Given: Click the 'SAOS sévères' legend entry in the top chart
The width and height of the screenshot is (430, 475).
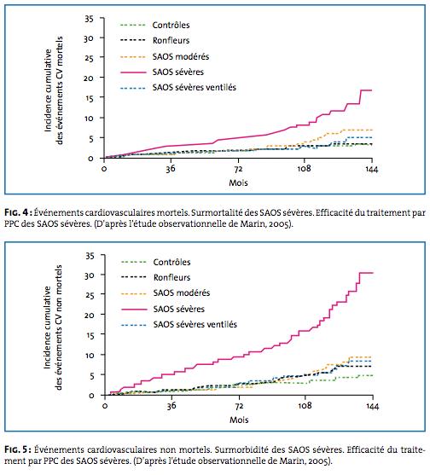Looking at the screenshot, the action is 177,72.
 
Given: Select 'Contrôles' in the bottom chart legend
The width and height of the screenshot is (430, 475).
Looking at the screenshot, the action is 171,262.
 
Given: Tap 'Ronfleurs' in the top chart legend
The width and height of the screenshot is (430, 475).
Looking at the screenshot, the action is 171,41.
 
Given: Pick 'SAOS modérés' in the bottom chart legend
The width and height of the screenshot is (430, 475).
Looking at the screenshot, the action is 182,293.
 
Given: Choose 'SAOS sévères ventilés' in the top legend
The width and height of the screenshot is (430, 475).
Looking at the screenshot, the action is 195,88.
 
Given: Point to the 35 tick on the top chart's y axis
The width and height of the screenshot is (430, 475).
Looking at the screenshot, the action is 89,19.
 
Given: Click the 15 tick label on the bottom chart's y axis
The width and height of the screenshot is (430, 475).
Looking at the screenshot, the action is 90,335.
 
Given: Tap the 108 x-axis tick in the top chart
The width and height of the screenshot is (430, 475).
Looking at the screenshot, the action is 304,169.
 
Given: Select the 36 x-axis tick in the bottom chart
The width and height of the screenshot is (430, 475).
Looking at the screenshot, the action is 171,406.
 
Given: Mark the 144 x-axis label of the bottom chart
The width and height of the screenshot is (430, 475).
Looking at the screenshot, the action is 373,406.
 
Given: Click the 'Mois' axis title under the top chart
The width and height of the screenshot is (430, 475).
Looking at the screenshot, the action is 238,183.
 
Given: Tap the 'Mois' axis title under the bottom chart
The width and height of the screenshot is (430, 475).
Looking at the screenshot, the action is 239,420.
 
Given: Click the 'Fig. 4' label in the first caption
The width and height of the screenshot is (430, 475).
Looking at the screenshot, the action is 16,212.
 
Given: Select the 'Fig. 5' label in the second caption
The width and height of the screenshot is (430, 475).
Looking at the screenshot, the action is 16,449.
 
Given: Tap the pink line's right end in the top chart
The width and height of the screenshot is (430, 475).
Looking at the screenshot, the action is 372,90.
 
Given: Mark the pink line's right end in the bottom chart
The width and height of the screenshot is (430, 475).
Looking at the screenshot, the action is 373,273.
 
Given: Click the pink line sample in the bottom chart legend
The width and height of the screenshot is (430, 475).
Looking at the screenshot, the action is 134,310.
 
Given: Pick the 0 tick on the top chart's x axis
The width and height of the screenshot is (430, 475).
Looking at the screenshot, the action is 104,169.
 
